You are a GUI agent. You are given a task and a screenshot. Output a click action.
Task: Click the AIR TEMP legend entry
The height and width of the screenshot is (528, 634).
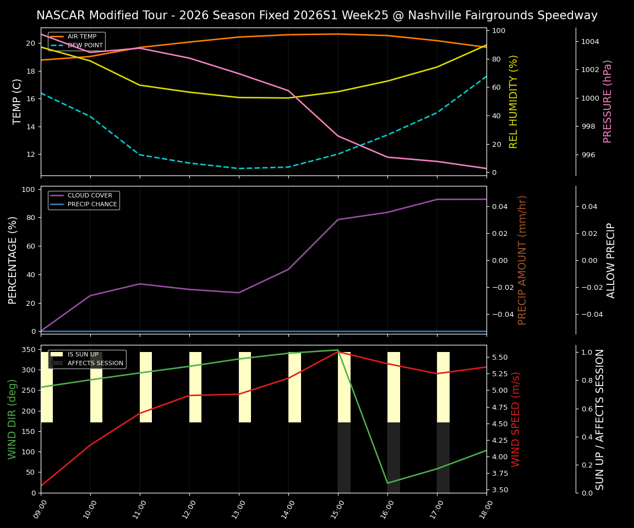pyautogui.click(x=81, y=37)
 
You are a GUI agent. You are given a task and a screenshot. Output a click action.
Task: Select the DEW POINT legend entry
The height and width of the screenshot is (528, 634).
pyautogui.click(x=85, y=45)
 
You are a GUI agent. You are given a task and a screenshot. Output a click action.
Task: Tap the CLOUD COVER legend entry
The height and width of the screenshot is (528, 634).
pyautogui.click(x=90, y=196)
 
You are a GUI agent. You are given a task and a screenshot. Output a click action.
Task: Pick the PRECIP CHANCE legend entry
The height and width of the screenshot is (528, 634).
pyautogui.click(x=92, y=205)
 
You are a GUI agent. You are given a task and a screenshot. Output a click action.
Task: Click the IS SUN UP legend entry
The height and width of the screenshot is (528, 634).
pyautogui.click(x=83, y=355)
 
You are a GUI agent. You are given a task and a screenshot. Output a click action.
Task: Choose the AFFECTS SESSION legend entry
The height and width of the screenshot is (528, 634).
pyautogui.click(x=95, y=363)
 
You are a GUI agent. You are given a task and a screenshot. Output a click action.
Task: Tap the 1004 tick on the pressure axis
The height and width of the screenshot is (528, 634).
pyautogui.click(x=589, y=41)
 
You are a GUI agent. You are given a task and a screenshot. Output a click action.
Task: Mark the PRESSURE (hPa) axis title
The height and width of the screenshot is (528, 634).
pyautogui.click(x=608, y=101)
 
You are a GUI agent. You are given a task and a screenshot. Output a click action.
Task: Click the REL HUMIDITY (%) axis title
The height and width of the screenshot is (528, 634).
pyautogui.click(x=514, y=101)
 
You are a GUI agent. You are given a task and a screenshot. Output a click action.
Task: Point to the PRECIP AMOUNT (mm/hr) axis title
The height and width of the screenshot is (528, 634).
pyautogui.click(x=523, y=260)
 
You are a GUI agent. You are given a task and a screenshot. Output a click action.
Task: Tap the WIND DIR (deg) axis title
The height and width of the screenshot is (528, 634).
pyautogui.click(x=12, y=419)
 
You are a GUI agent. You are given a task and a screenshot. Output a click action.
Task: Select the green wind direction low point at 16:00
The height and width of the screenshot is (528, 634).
pyautogui.click(x=387, y=483)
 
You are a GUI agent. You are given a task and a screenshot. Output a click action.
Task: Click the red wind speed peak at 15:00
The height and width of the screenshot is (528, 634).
pyautogui.click(x=338, y=352)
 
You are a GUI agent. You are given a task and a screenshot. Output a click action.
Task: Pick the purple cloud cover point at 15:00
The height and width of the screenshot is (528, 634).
pyautogui.click(x=338, y=219)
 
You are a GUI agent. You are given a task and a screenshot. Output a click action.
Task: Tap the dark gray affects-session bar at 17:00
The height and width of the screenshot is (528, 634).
pyautogui.click(x=443, y=458)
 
